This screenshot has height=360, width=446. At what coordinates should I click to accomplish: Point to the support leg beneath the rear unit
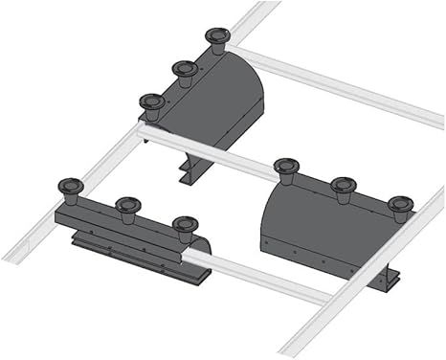pyautogui.click(x=188, y=172)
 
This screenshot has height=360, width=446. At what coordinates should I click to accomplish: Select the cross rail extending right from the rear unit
pyautogui.click(x=335, y=86)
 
